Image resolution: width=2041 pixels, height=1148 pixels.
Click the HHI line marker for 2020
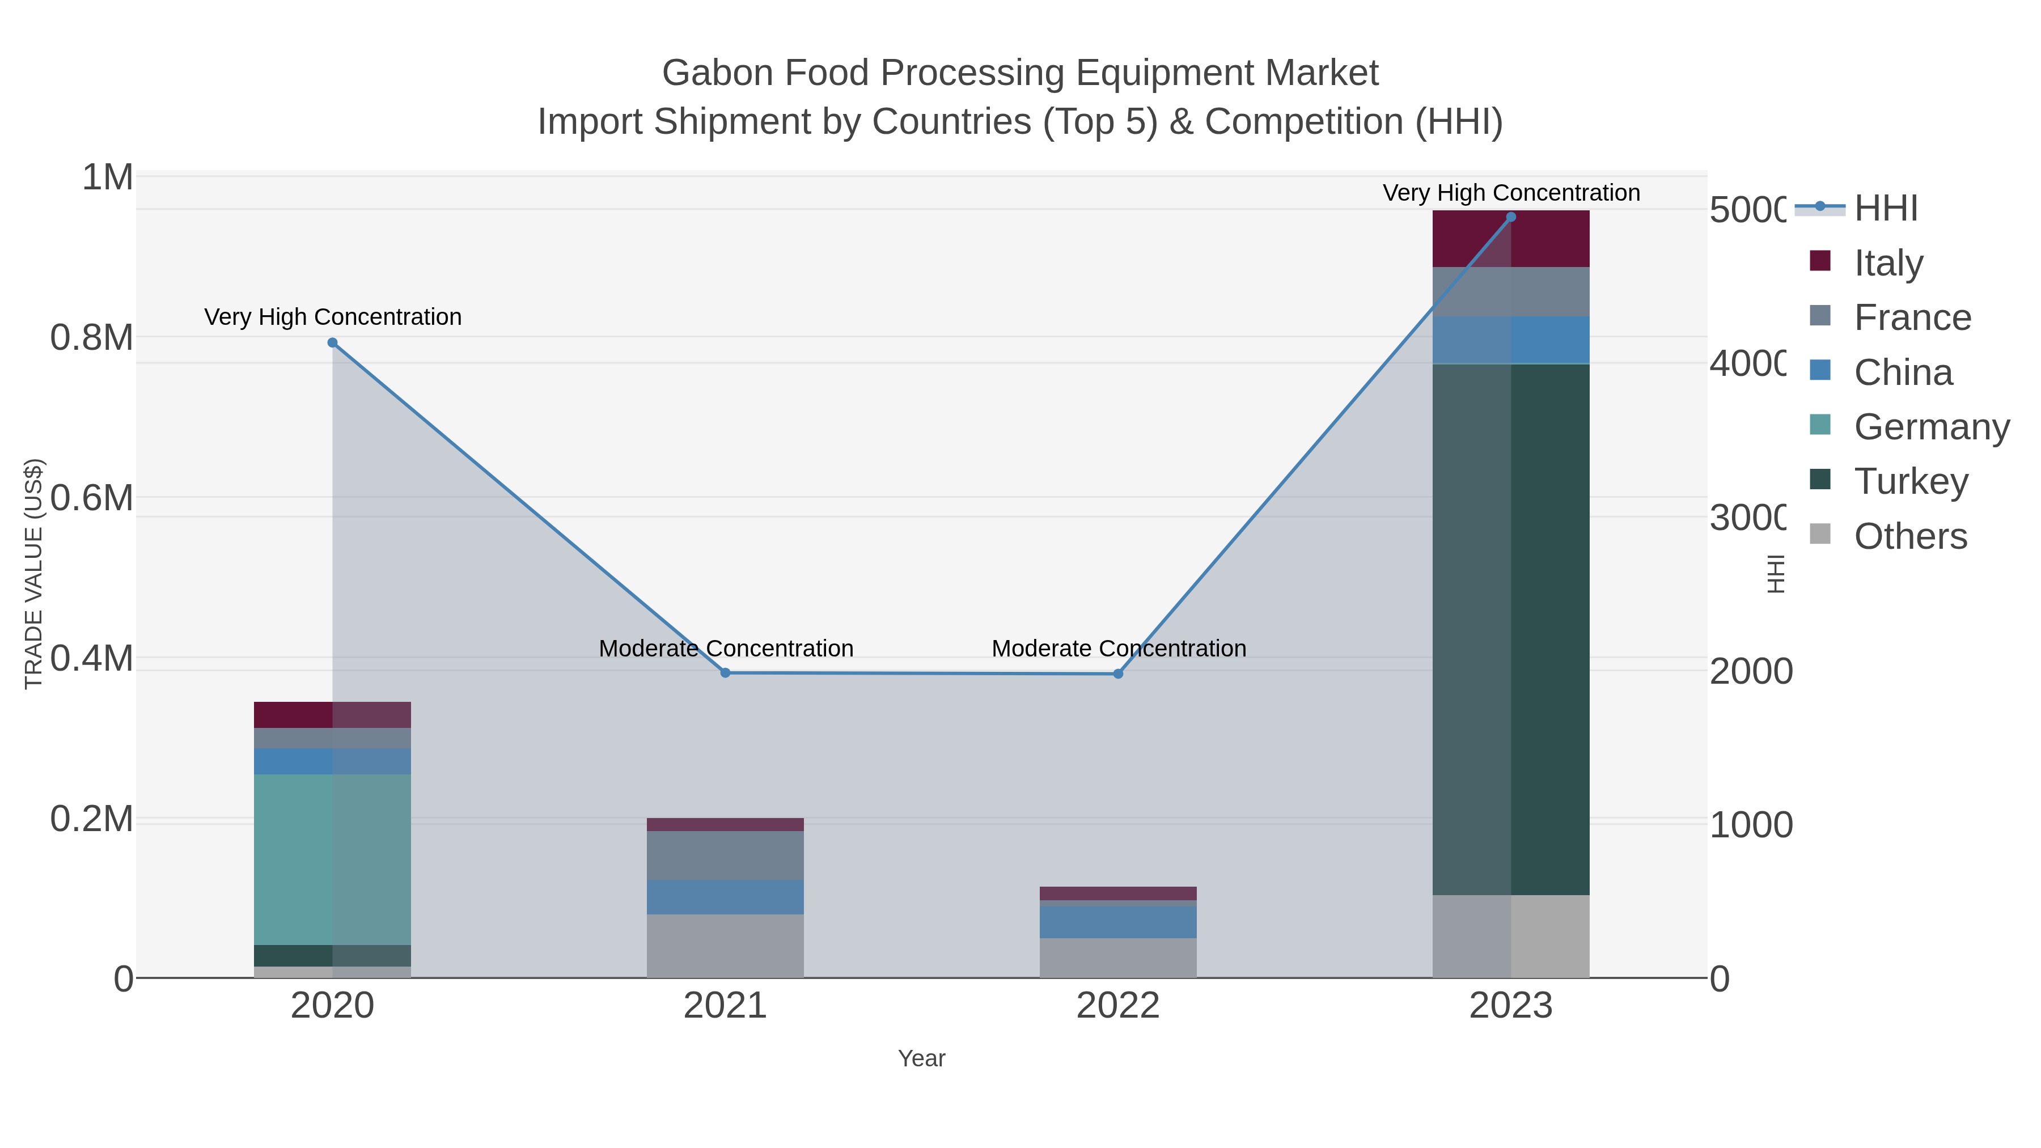pos(333,343)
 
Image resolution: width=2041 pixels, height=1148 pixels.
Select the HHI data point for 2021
pos(725,672)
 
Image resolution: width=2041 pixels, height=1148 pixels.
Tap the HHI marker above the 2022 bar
pos(1118,674)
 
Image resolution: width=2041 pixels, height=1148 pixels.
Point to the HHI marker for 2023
pos(1511,217)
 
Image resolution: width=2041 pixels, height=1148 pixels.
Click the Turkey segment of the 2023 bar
pos(1511,630)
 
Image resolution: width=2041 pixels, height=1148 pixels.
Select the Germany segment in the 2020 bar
pos(332,859)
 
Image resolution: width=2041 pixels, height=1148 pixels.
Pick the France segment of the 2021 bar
pos(725,855)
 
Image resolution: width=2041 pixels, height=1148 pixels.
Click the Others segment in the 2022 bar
pos(1118,958)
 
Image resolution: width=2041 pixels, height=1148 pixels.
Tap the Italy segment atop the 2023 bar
pos(1511,239)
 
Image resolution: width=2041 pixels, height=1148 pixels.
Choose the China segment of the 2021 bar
pos(725,897)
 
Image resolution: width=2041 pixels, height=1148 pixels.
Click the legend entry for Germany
pos(1932,427)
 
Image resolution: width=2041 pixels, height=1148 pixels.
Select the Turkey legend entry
pos(1910,482)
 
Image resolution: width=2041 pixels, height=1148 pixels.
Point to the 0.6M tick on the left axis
pos(91,498)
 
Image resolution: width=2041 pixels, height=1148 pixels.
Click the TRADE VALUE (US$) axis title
pos(33,574)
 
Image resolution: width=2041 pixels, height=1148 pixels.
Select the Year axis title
pos(921,1058)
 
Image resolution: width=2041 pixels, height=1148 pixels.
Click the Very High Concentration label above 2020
pos(333,317)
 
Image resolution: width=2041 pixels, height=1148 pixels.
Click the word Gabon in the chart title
pos(716,73)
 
